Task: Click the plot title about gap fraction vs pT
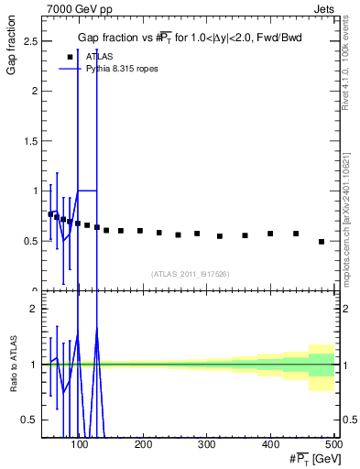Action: (189, 38)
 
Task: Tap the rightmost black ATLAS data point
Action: (322, 242)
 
